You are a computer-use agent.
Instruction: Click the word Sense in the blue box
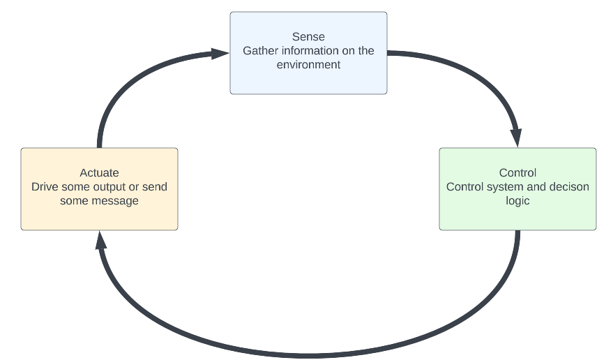(308, 37)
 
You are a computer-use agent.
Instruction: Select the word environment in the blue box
(308, 64)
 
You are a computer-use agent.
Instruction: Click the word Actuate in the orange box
(99, 173)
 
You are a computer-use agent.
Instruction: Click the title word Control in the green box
(517, 173)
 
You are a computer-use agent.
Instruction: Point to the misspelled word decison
(570, 187)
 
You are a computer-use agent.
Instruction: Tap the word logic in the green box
(517, 201)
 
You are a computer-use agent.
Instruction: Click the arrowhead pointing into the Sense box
(221, 53)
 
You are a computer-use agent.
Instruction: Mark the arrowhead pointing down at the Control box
(516, 137)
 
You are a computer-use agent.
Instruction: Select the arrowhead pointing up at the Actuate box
(100, 241)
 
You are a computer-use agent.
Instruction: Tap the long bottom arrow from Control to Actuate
(307, 351)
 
